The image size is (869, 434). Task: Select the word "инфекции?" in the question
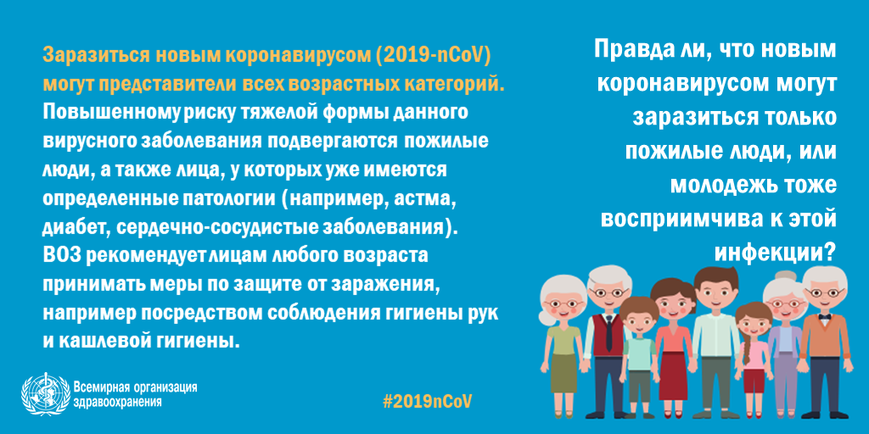(774, 252)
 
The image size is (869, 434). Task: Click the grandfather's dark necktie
(608, 333)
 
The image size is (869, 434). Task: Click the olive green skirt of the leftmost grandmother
(563, 373)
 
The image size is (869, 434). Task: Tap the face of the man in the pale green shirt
(715, 297)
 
